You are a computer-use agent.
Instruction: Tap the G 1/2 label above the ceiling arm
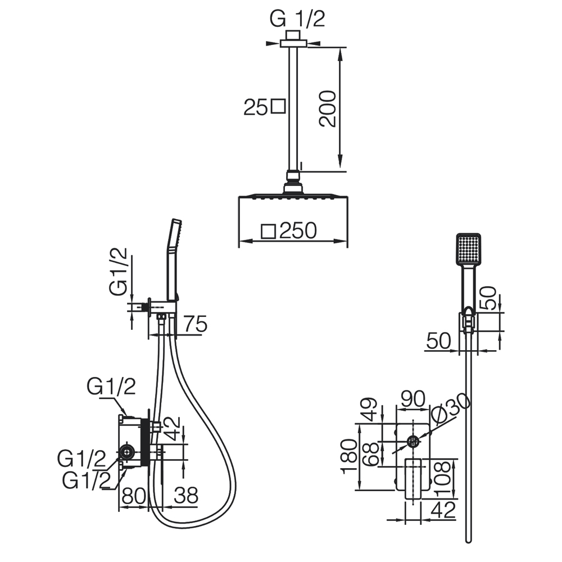point(297,19)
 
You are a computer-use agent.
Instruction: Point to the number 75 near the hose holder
point(194,324)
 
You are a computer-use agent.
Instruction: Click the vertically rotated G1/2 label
point(118,272)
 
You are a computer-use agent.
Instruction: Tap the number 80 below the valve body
point(134,495)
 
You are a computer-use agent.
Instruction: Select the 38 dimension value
point(186,495)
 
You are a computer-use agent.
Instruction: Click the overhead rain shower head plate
point(292,196)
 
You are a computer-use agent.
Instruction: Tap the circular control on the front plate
point(413,441)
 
